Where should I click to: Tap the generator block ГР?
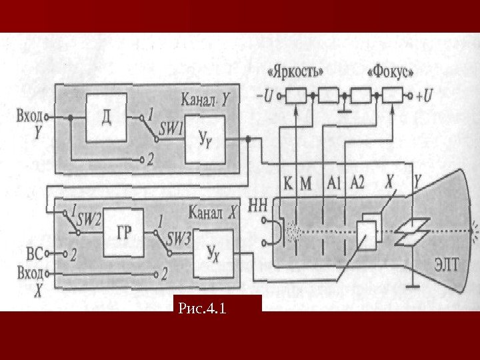(x=124, y=233)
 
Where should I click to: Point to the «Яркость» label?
(x=297, y=71)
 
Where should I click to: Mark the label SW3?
(x=178, y=238)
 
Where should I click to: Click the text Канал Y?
(x=207, y=101)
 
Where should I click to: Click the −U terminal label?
(x=264, y=96)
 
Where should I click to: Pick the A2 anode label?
(x=357, y=181)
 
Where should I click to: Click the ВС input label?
(x=33, y=253)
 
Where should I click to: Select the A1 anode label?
(x=335, y=181)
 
